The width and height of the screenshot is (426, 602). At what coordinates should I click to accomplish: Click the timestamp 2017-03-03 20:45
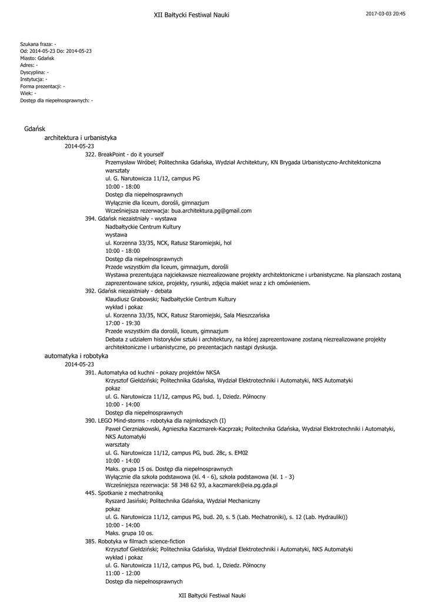pos(385,14)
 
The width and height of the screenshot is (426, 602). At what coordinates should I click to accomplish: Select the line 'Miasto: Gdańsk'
pos(37,58)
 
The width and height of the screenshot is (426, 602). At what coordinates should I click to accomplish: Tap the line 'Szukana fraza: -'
pos(38,44)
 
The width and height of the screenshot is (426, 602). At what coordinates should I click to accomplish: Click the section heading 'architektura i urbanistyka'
pos(80,138)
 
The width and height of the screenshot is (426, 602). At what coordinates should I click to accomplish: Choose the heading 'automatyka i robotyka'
pos(76,356)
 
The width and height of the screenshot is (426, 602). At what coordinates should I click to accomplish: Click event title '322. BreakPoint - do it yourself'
pos(124,154)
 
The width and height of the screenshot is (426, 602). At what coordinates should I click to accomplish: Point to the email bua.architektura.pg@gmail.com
pos(211,210)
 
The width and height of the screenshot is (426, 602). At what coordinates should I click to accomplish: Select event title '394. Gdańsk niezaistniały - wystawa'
pos(131,218)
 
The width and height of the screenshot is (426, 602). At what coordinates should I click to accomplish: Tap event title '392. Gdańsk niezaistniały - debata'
pos(128,291)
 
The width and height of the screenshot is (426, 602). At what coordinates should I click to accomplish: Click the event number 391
pos(91,373)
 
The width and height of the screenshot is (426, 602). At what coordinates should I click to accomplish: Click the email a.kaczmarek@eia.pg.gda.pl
pos(242,486)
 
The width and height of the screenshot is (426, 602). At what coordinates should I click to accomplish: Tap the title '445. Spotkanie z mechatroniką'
pos(122,493)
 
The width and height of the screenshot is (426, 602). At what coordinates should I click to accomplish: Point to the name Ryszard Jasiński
pos(126,501)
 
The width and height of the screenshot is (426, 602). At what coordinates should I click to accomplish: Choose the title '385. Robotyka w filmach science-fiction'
pos(134,541)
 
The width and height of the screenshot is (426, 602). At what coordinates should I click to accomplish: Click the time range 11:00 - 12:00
pos(122,573)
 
